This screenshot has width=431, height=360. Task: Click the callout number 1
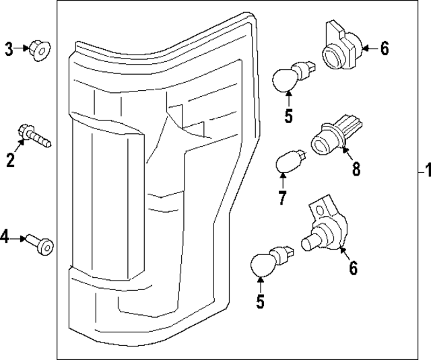tap(424, 168)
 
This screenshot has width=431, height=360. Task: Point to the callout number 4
tap(5, 236)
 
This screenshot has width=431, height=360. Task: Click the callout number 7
tap(282, 198)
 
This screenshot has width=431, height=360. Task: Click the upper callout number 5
tap(289, 116)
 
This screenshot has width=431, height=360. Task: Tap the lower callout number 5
tap(261, 302)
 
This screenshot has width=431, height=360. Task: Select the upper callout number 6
tap(384, 48)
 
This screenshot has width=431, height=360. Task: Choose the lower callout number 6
tap(353, 268)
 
